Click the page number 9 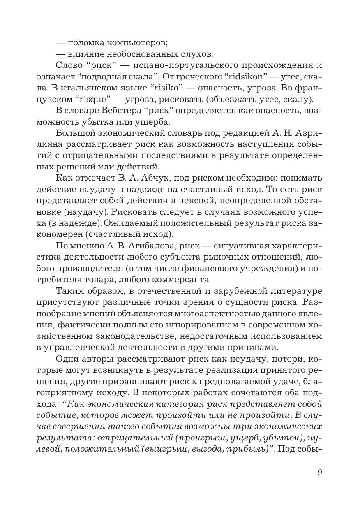click(x=320, y=472)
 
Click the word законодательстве click(x=136, y=336)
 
